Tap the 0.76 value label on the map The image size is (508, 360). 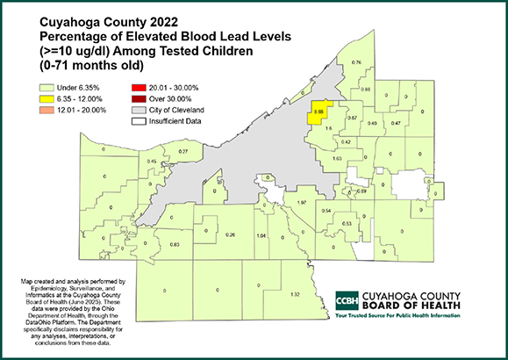(356, 63)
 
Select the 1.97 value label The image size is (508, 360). (301, 203)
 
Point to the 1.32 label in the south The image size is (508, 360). (296, 293)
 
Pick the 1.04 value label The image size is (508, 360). (261, 236)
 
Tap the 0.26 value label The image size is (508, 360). (231, 234)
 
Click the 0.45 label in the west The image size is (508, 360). (152, 162)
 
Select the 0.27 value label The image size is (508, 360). (183, 152)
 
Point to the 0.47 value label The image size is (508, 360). (396, 124)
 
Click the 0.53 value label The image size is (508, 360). (347, 224)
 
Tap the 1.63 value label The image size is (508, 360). (337, 159)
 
